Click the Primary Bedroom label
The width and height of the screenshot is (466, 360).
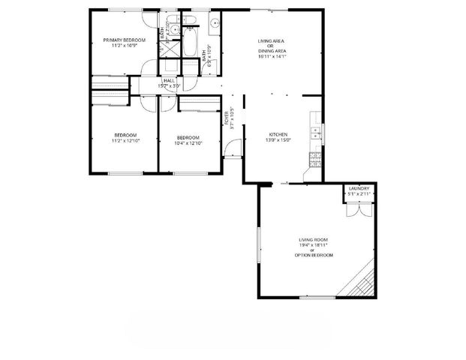(124, 39)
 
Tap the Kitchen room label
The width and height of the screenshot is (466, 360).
(278, 135)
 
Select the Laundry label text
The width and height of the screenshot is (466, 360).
(359, 189)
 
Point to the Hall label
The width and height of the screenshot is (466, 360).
(169, 80)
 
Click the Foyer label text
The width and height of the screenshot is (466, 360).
(226, 118)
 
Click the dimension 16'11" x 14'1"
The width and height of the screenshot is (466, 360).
(272, 55)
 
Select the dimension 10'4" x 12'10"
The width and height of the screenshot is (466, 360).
(188, 142)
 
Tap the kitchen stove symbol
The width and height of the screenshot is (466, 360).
(315, 159)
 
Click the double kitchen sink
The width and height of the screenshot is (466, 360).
(316, 133)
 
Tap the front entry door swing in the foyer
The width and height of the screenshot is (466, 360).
(233, 153)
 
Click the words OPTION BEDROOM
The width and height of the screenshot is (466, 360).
(314, 256)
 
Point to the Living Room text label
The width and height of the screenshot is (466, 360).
(314, 240)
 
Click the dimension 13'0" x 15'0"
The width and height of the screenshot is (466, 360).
(278, 140)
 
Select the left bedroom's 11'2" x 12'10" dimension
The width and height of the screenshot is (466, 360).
(125, 140)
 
